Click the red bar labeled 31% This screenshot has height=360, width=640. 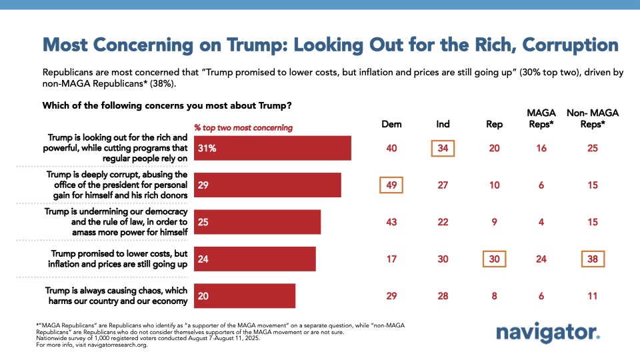pyautogui.click(x=272, y=149)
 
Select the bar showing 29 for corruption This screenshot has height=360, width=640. pyautogui.click(x=267, y=185)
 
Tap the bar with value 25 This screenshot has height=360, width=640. pyautogui.click(x=257, y=222)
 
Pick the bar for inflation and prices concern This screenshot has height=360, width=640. pyautogui.click(x=254, y=259)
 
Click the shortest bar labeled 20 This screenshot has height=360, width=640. pyautogui.click(x=244, y=295)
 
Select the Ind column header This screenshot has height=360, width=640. pyautogui.click(x=443, y=124)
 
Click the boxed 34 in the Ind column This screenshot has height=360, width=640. pyautogui.click(x=443, y=148)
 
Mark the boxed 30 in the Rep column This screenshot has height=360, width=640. pyautogui.click(x=494, y=259)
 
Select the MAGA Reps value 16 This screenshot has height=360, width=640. pyautogui.click(x=541, y=148)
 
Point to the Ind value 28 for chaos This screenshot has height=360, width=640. pyautogui.click(x=443, y=295)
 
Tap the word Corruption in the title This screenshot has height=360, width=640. pyautogui.click(x=571, y=45)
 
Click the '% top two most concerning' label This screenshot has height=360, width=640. pyautogui.click(x=243, y=127)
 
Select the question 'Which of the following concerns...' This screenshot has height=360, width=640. pyautogui.click(x=167, y=105)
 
